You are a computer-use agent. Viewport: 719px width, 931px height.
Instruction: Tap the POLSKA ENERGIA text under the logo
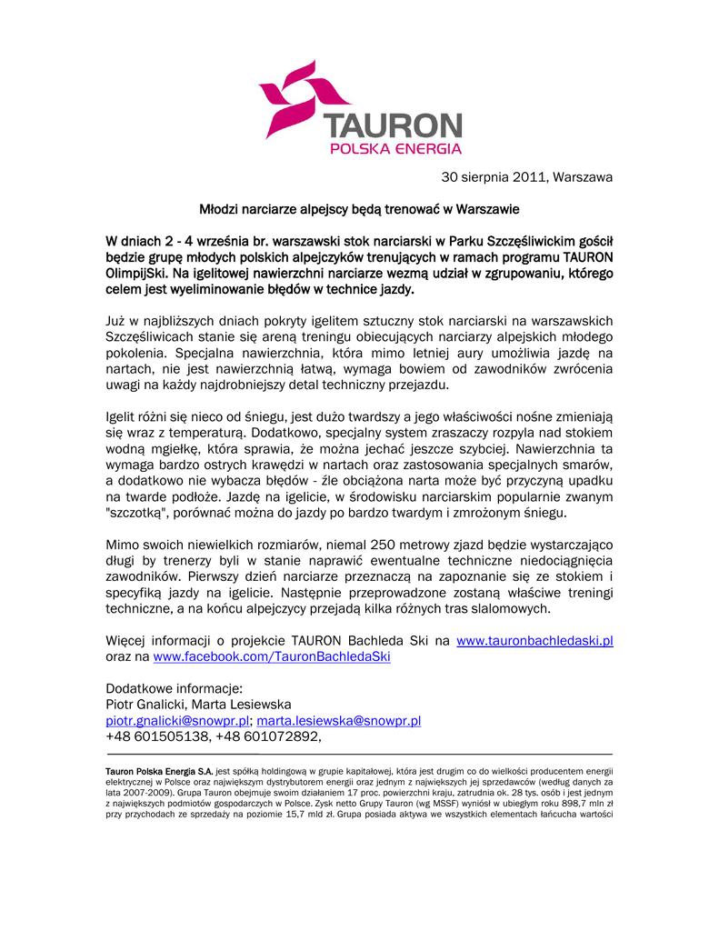point(395,148)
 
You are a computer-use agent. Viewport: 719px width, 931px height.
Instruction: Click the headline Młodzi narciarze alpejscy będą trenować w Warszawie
point(359,209)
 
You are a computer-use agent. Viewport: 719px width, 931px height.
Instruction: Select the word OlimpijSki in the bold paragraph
point(136,274)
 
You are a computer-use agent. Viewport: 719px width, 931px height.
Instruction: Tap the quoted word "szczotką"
point(135,513)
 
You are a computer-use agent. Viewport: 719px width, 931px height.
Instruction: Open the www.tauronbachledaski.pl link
point(534,641)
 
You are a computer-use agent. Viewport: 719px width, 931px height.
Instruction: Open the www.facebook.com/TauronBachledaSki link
point(272,656)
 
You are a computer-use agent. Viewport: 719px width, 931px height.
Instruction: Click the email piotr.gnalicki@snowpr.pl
point(177,721)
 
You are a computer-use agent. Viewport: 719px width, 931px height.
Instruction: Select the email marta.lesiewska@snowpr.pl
point(338,721)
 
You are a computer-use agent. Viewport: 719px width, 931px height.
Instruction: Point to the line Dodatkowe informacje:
point(174,688)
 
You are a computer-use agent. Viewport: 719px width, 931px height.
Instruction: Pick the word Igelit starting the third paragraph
point(123,417)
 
